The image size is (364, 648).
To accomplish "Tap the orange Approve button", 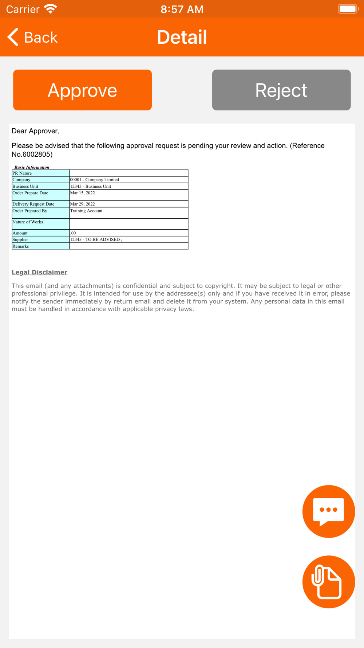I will (x=82, y=90).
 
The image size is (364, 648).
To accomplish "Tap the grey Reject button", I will (x=281, y=90).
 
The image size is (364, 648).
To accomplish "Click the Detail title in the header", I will (x=182, y=37).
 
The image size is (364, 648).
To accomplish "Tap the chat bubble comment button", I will (x=328, y=511).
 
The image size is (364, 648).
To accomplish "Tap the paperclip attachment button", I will (x=328, y=582).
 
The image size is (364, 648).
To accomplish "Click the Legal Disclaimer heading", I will (x=39, y=272).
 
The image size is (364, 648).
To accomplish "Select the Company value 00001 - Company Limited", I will (x=95, y=180).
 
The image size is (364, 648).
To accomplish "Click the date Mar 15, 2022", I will (x=83, y=193).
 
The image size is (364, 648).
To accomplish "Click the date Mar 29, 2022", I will (x=83, y=204).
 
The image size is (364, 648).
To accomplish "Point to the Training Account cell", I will (x=86, y=211).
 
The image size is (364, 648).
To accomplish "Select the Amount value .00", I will (x=73, y=233).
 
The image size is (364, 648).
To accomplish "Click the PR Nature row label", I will (x=22, y=173).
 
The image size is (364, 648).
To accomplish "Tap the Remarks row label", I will (x=21, y=246).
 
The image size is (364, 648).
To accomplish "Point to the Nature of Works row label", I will (x=28, y=222).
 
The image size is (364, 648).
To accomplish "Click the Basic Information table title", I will (x=32, y=167).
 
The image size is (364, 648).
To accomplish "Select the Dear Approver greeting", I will (x=35, y=131).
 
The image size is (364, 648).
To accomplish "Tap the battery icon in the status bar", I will (x=348, y=9).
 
